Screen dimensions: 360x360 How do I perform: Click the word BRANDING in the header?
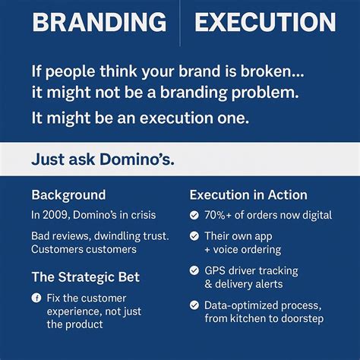(99, 22)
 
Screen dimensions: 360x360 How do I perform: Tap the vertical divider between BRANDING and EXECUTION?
(179, 23)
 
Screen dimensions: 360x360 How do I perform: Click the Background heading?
(68, 194)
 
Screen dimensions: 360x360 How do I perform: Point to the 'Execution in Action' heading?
(248, 194)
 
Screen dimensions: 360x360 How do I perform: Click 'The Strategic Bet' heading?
(85, 276)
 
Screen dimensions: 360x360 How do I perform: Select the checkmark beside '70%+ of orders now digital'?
(194, 216)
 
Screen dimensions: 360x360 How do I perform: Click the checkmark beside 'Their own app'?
(194, 236)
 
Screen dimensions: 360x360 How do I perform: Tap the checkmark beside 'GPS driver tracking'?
(194, 271)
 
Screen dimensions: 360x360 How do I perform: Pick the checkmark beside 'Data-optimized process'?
(194, 305)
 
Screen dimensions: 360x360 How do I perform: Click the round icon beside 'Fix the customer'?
(36, 298)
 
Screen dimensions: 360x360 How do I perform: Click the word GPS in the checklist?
(217, 270)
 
